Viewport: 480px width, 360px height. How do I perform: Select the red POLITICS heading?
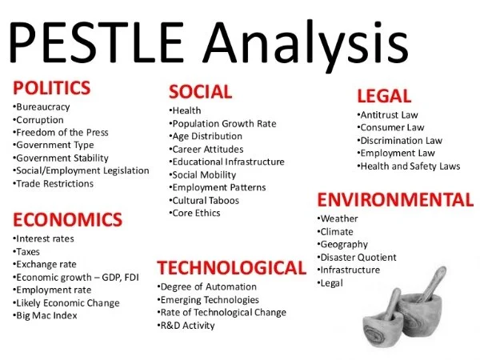click(x=51, y=87)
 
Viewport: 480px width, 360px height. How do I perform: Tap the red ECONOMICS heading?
click(x=67, y=219)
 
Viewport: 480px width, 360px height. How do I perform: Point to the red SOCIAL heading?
click(x=200, y=91)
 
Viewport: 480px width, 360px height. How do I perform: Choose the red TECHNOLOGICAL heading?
click(x=231, y=267)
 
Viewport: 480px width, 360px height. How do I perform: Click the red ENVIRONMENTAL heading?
click(x=395, y=199)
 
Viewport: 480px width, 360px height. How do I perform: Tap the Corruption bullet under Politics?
click(x=39, y=119)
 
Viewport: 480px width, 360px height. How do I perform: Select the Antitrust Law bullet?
click(x=388, y=115)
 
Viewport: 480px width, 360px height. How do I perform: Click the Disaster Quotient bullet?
click(x=358, y=257)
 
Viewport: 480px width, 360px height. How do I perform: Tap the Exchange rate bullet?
click(x=46, y=264)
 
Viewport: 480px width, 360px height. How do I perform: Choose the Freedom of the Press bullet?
click(x=63, y=132)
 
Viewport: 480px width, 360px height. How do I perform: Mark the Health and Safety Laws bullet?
click(x=410, y=166)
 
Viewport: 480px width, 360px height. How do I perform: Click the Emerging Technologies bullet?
click(x=208, y=299)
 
